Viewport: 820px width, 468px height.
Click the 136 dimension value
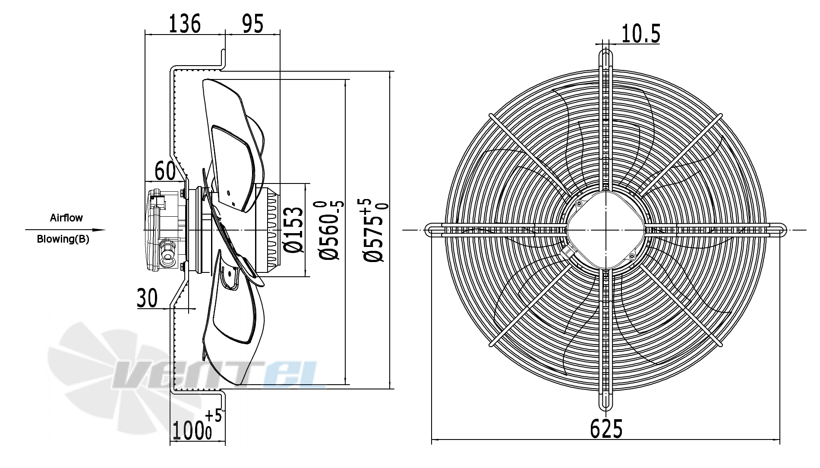(x=184, y=23)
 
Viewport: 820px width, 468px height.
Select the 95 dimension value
(x=252, y=23)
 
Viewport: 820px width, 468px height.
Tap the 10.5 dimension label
(x=641, y=34)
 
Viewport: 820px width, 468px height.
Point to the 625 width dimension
(x=606, y=429)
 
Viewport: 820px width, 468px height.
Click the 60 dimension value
(x=165, y=171)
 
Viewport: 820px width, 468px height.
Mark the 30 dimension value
(x=147, y=298)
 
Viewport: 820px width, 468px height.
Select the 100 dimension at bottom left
(x=197, y=425)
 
